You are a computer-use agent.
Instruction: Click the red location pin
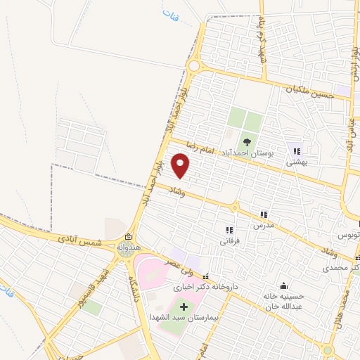(181, 165)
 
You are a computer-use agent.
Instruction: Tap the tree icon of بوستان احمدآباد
(246, 141)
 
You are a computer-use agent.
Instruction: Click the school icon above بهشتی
(297, 150)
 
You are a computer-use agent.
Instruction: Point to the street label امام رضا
(199, 147)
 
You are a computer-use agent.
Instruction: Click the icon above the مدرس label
(264, 214)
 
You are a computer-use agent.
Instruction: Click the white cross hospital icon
(185, 307)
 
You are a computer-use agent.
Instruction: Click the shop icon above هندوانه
(127, 237)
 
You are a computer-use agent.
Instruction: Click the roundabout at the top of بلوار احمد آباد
(193, 65)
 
